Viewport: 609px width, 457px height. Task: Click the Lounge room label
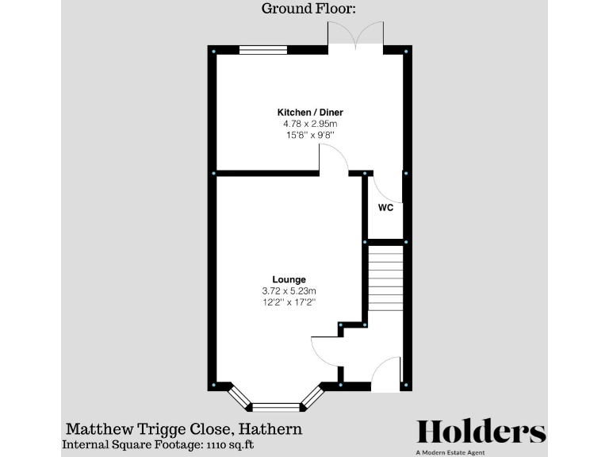(289, 279)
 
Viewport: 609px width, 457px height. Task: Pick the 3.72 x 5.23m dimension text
(289, 291)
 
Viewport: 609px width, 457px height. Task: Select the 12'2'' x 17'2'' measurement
(289, 302)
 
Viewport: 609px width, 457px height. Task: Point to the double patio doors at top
(356, 35)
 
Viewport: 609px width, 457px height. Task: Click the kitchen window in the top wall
(263, 50)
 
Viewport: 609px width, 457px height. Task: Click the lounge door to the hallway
(326, 352)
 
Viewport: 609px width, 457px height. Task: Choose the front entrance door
(386, 374)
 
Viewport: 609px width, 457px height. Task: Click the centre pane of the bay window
(277, 407)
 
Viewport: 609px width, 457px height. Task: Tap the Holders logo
(481, 432)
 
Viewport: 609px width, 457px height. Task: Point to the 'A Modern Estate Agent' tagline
(481, 452)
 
